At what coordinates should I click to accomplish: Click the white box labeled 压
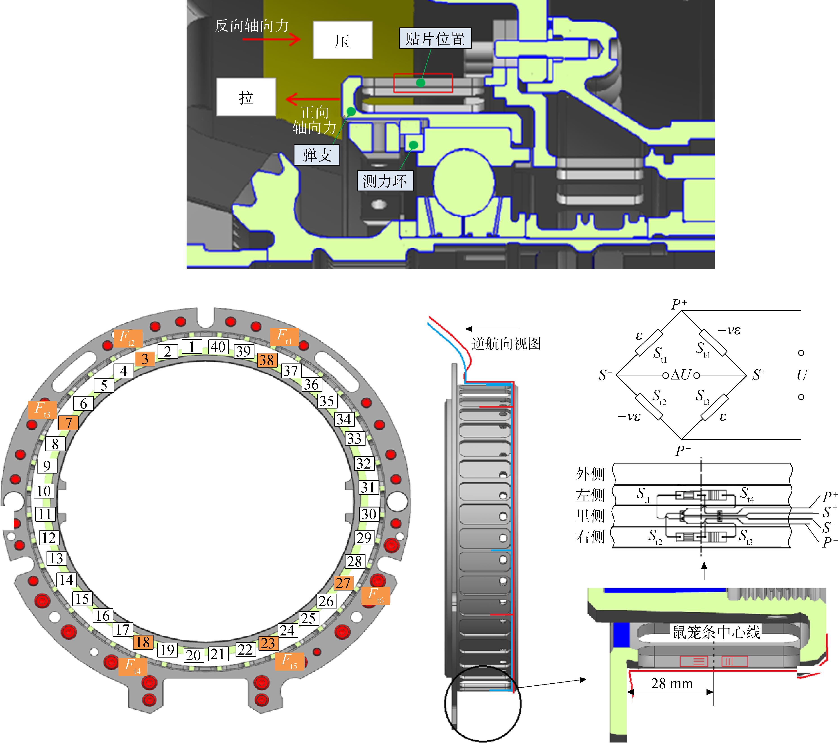point(343,40)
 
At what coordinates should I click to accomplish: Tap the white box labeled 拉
point(246,97)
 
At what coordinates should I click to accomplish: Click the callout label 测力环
point(385,180)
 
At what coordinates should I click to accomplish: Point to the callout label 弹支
point(317,155)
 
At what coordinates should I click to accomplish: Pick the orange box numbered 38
point(267,360)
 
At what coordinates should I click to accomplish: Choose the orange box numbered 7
point(68,423)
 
